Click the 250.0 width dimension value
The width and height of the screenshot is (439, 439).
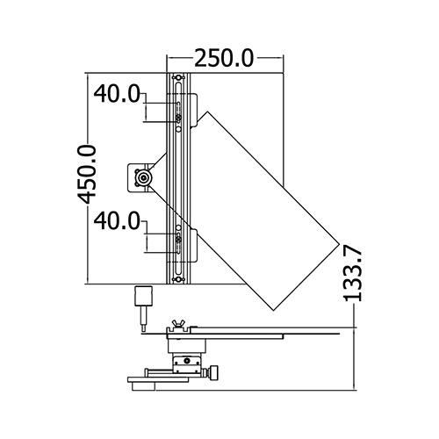pos(224,58)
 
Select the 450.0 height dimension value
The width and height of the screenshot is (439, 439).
pos(87,174)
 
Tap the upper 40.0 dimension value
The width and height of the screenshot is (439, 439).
pos(117,94)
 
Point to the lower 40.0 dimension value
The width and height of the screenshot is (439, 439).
pos(117,221)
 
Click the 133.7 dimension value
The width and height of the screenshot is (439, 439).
pos(353,274)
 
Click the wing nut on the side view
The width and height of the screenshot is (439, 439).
pos(177,324)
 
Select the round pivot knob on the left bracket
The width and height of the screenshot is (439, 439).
pos(143,177)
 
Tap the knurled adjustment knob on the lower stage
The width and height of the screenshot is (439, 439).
pos(214,372)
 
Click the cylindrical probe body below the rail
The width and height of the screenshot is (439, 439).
pos(143,296)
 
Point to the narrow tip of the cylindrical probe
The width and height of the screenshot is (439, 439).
pos(143,328)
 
